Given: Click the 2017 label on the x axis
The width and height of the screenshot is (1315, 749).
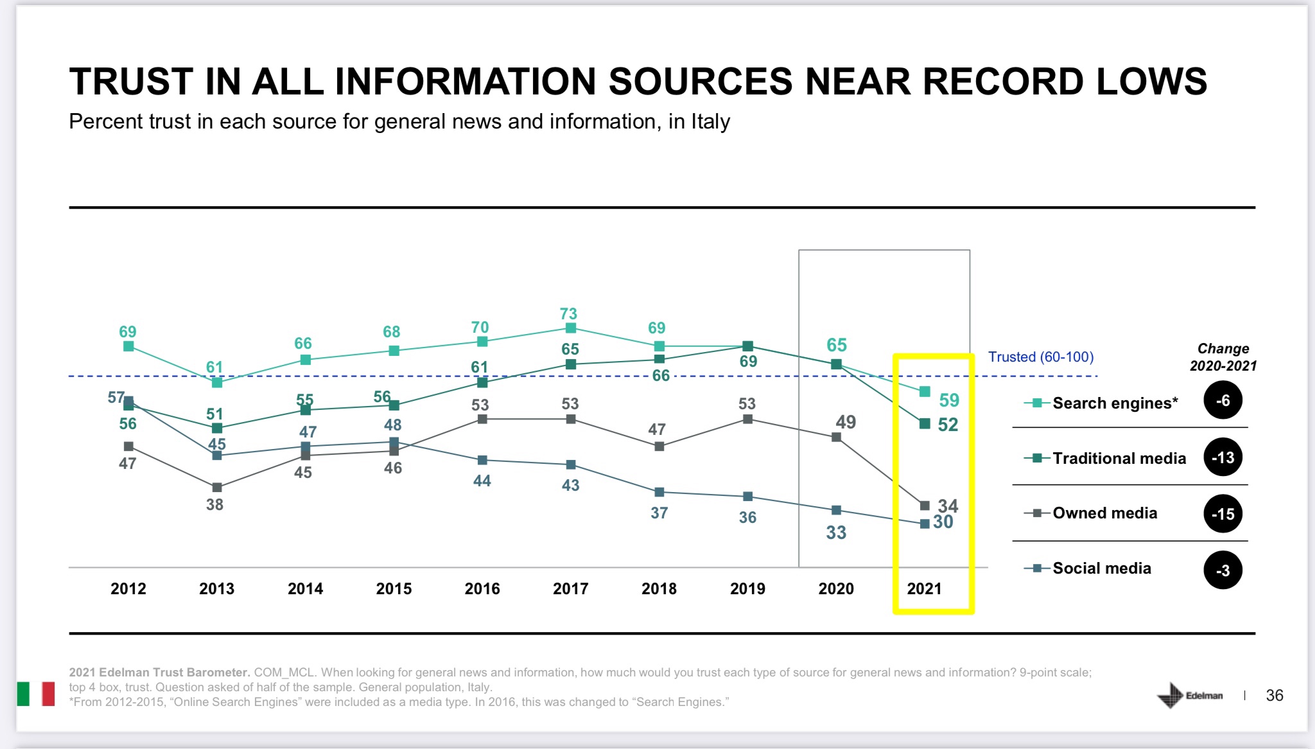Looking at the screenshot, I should [570, 588].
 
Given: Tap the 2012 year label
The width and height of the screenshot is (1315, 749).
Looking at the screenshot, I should [128, 588].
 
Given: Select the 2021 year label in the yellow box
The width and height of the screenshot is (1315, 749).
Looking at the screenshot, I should [924, 588].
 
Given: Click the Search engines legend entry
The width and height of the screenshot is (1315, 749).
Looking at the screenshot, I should [1115, 403].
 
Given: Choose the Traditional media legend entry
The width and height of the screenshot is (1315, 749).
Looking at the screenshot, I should [1119, 458].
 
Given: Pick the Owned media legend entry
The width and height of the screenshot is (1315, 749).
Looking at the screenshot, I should [1104, 513].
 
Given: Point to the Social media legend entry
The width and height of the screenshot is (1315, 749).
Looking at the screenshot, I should [1101, 568].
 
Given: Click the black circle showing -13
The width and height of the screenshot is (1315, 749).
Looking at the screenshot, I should [1223, 457].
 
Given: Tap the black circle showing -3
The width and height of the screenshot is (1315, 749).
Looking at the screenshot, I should [1223, 570].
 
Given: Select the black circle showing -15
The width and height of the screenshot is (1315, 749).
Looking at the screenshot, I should [1223, 514].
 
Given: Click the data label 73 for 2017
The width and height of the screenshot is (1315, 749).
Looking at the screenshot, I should [568, 313].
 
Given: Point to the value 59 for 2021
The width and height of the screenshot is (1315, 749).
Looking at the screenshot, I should [949, 400].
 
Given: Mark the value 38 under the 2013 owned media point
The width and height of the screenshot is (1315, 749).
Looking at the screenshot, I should [214, 504].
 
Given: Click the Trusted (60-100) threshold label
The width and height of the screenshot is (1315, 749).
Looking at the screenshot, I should [1040, 357].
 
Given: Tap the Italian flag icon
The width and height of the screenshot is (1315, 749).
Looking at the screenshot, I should [36, 694].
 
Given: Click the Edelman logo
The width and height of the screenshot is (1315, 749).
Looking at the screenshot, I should [1190, 695].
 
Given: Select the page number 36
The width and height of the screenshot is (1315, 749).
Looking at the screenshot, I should [1274, 695].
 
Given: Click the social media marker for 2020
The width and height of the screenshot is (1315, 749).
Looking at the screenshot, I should [836, 510].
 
